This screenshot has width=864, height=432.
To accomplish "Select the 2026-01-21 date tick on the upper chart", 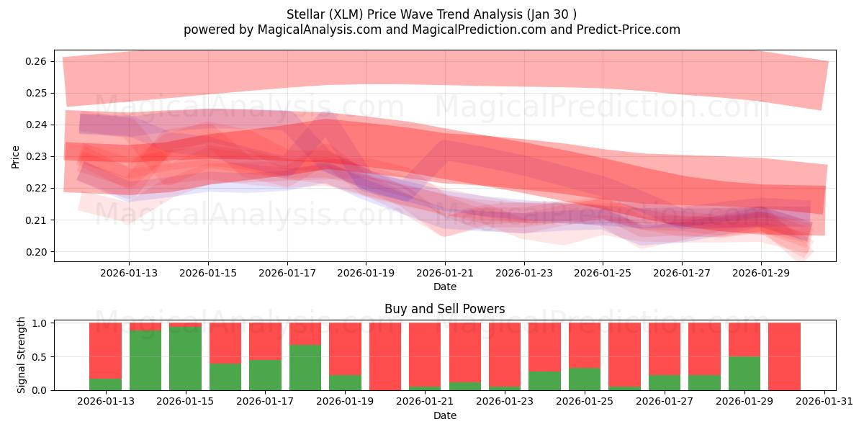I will coord(445,274).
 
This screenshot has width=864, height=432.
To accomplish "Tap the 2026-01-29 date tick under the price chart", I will coord(762,274).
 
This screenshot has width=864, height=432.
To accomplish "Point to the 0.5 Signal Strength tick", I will coord(40,356).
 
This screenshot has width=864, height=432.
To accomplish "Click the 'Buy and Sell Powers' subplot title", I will coord(444,309).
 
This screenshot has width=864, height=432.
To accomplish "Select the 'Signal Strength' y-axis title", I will coord(22,355).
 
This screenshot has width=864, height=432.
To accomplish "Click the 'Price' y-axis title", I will coord(16,156).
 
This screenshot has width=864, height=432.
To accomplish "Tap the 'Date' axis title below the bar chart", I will coord(444,415).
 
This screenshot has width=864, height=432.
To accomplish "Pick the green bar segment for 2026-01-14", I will coord(145,360).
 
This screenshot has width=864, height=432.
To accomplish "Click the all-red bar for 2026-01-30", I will coord(784,356).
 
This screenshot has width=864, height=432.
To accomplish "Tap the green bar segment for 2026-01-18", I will coord(305,367).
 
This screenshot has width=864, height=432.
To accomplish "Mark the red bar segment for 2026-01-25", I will coord(585,346).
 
